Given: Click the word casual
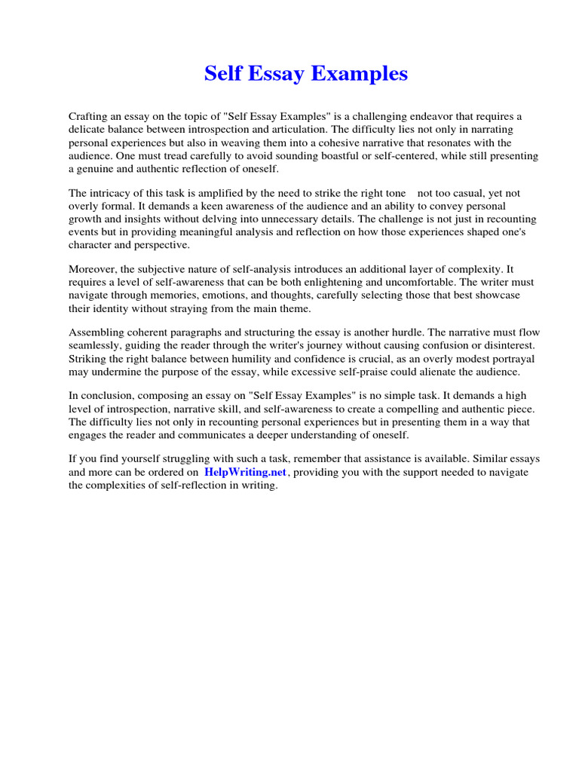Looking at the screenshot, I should [x=473, y=193].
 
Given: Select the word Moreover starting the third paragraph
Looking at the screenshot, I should [x=93, y=269].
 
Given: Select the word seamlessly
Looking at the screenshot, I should [x=95, y=345].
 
